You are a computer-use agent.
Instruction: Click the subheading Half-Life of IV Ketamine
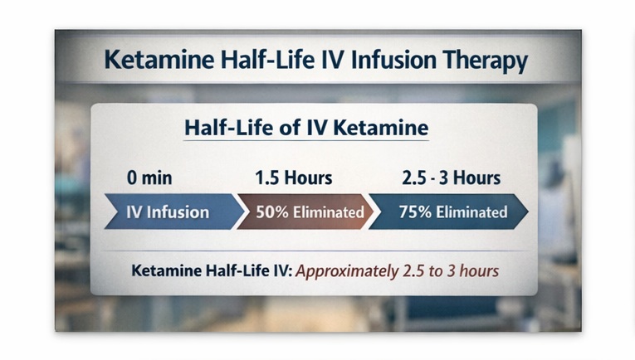(305, 129)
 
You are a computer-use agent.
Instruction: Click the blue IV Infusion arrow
(167, 212)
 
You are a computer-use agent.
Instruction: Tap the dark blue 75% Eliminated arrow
(448, 212)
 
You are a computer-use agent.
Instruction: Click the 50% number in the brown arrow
(271, 212)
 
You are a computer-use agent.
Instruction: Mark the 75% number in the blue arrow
(413, 212)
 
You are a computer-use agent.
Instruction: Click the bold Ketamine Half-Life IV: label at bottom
(212, 271)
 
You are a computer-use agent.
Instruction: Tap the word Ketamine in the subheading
(387, 129)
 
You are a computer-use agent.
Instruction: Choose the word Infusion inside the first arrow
(178, 212)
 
